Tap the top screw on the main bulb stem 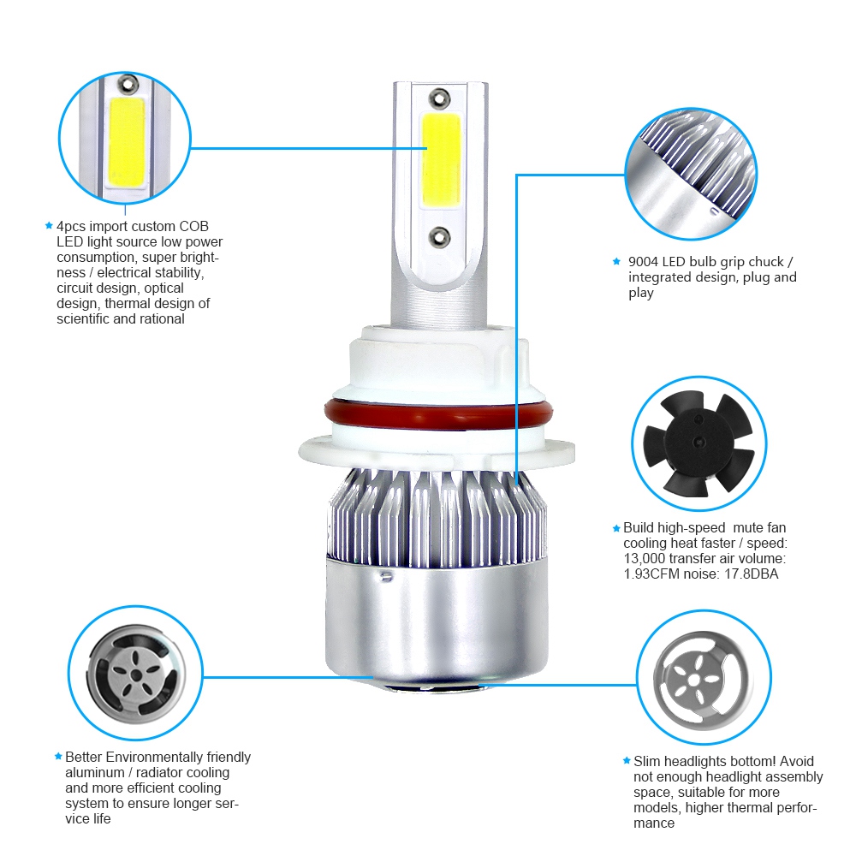coord(439,97)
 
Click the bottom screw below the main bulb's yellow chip coord(439,233)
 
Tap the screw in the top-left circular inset coord(128,84)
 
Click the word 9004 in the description coord(643,261)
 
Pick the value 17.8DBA coord(751,574)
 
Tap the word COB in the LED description coord(193,226)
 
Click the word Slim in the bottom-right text coord(648,761)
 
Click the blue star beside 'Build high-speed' coord(616,528)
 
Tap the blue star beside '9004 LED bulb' coord(616,261)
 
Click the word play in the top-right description coord(641,293)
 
